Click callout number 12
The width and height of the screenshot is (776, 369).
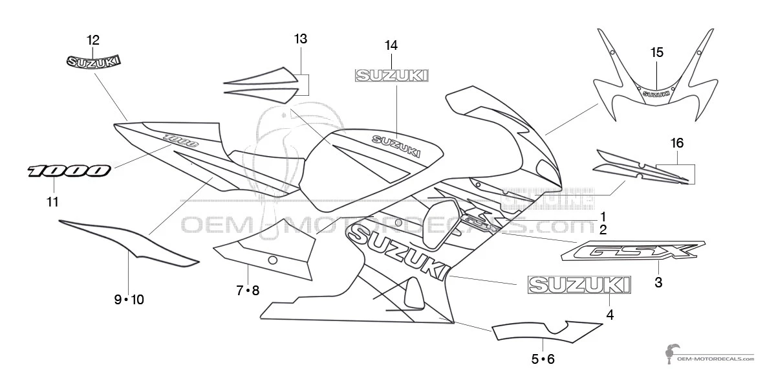(x=94, y=38)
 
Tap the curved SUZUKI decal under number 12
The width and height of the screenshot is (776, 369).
(x=94, y=61)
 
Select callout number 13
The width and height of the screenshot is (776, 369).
(x=300, y=39)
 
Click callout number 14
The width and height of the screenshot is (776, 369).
(x=391, y=45)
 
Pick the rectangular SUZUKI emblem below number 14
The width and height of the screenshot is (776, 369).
(x=390, y=76)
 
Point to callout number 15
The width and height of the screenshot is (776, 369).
(x=656, y=53)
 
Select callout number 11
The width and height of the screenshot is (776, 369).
(x=52, y=202)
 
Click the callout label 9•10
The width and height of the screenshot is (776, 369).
(x=129, y=299)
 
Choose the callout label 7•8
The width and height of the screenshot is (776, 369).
(x=248, y=291)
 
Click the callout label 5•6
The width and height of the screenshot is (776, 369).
(x=543, y=359)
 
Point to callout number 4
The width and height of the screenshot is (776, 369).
(x=610, y=315)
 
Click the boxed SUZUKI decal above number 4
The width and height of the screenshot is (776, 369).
(x=579, y=285)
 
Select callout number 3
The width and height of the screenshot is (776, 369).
(x=658, y=282)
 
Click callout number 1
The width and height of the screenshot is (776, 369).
(x=602, y=216)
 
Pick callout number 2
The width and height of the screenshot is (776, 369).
(x=602, y=229)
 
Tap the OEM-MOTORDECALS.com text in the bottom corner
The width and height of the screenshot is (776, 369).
(x=715, y=357)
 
